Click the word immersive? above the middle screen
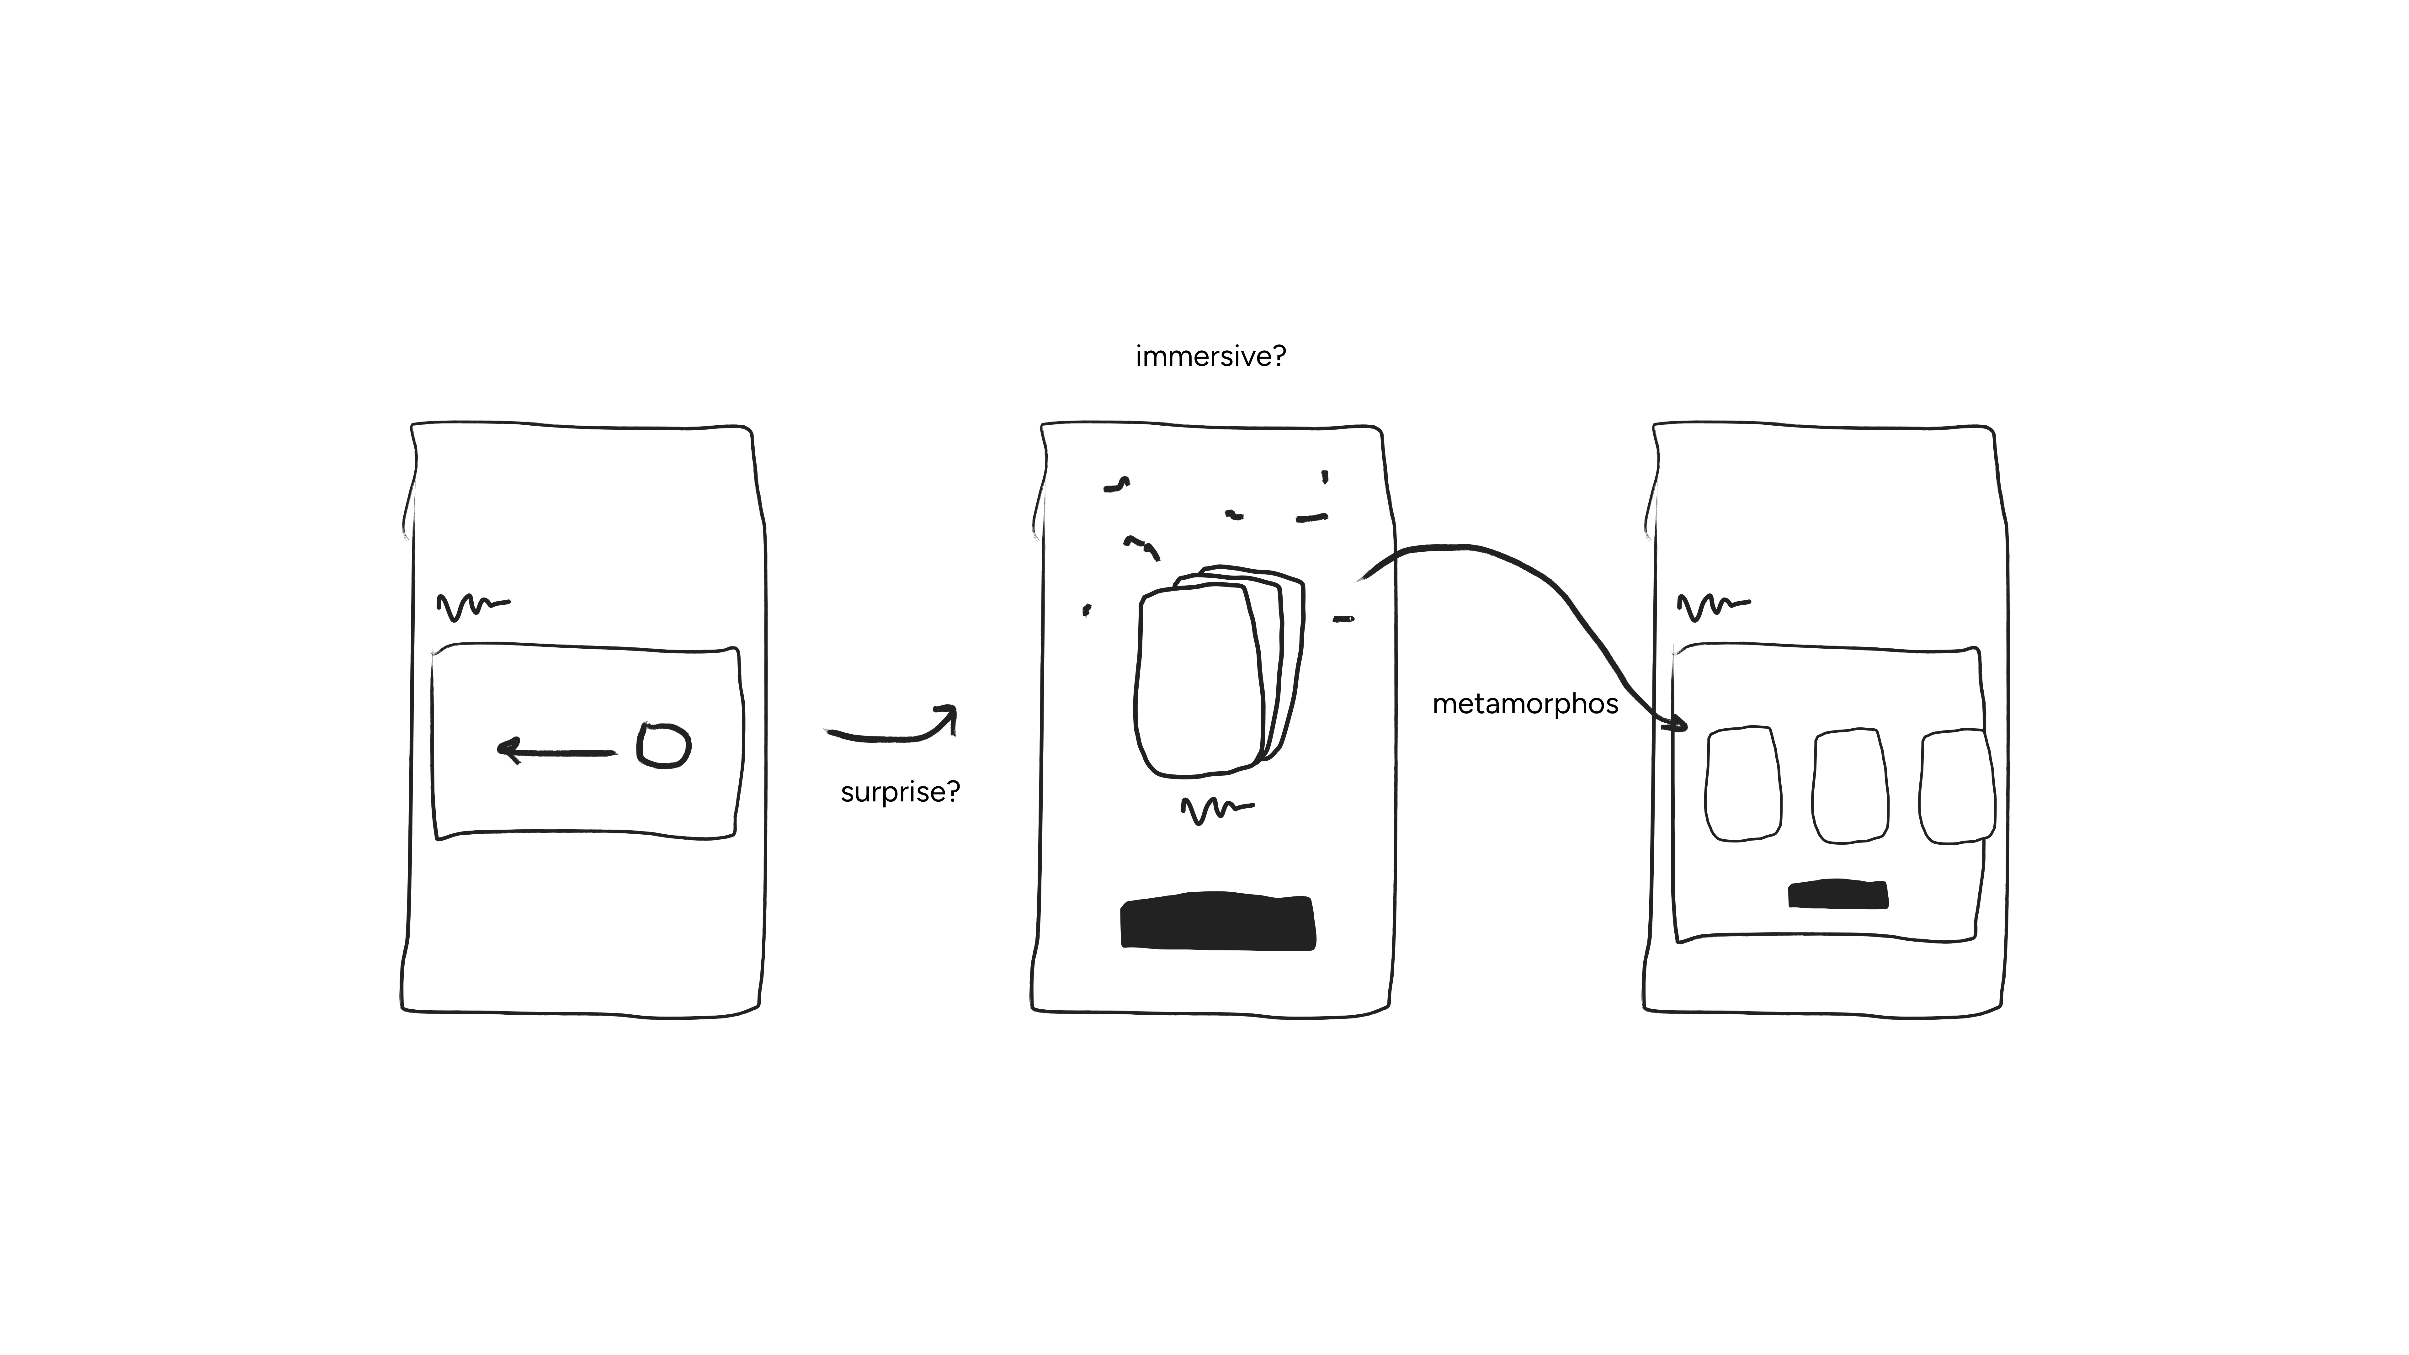click(x=1210, y=356)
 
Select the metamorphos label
click(x=1525, y=704)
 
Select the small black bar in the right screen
click(x=1837, y=894)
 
